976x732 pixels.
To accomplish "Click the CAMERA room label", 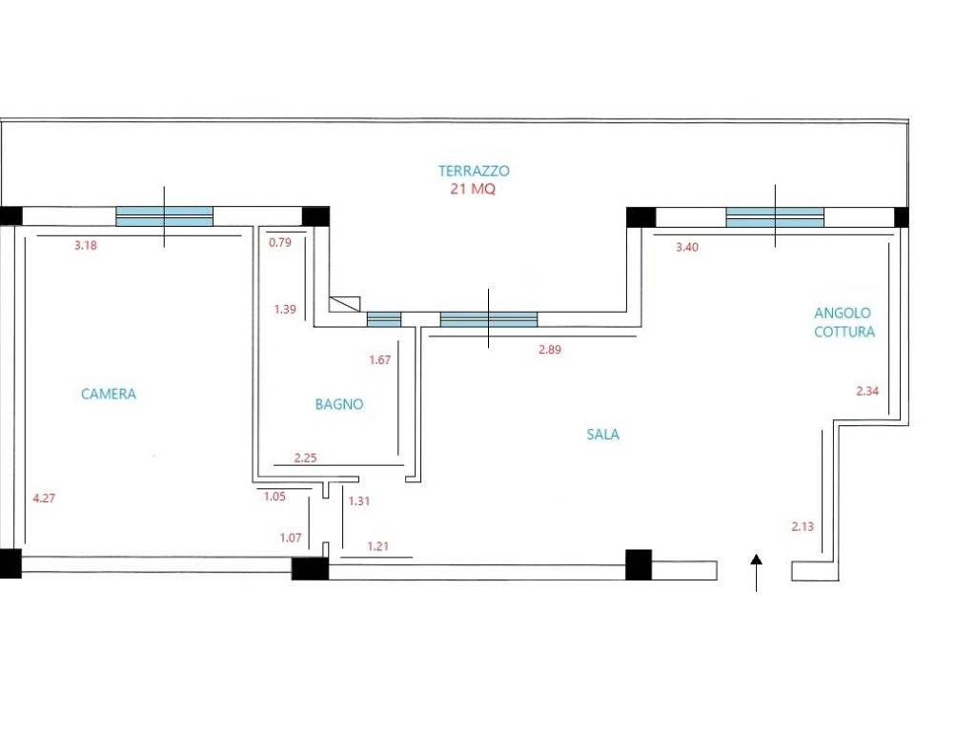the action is click(109, 394).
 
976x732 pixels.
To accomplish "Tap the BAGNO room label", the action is click(339, 404).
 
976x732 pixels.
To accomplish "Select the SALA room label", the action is click(602, 434).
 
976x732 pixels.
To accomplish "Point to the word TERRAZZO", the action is click(474, 171).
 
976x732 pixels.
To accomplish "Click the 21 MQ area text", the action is click(473, 189).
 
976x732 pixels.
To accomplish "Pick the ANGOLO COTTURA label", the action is click(844, 322).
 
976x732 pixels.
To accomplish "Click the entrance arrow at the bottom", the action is click(756, 573).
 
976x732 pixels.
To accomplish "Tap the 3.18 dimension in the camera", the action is click(86, 245).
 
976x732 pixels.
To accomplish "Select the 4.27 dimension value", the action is click(44, 498).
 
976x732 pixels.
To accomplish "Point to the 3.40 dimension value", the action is click(687, 247).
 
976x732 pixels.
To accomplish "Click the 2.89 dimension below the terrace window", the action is click(550, 350).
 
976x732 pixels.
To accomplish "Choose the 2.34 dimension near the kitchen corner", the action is click(867, 391).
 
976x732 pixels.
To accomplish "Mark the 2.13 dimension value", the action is click(803, 526).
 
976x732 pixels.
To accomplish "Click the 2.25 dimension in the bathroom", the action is click(306, 458).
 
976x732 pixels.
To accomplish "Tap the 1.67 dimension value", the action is click(379, 359).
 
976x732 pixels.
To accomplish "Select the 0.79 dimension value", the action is click(280, 242).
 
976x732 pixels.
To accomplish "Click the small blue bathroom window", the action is click(384, 319).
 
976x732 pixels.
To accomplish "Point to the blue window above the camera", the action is click(164, 216).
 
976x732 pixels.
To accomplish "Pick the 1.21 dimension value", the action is click(377, 546).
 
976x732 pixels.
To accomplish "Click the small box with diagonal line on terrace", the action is click(345, 304).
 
